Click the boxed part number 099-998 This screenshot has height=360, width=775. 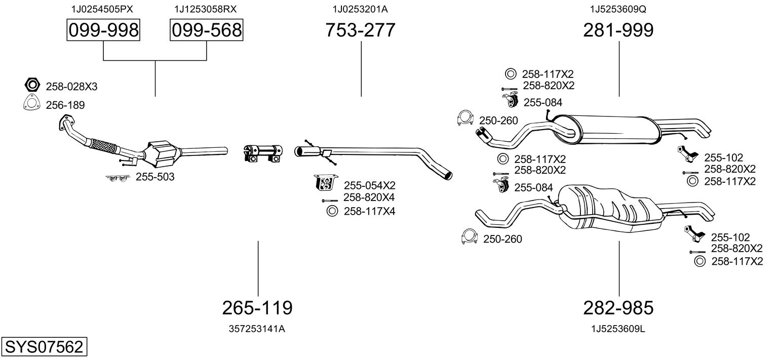pyautogui.click(x=103, y=30)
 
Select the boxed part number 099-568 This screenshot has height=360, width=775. pyautogui.click(x=207, y=30)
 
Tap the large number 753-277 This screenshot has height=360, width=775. pyautogui.click(x=360, y=30)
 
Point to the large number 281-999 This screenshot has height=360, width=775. pyautogui.click(x=618, y=30)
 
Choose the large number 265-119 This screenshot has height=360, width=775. pyautogui.click(x=257, y=308)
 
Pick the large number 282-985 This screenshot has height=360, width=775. pyautogui.click(x=618, y=308)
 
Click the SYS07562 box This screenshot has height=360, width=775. pyautogui.click(x=44, y=346)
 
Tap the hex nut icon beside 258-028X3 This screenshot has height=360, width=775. pyautogui.click(x=32, y=85)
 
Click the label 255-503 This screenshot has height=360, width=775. pyautogui.click(x=155, y=177)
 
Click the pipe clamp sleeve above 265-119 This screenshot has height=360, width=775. pyautogui.click(x=263, y=153)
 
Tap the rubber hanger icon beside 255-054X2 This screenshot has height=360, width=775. pyautogui.click(x=326, y=183)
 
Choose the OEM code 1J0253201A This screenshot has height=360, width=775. pyautogui.click(x=360, y=9)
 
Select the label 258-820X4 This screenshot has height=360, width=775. pyautogui.click(x=369, y=197)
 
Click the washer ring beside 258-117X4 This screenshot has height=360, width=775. pyautogui.click(x=332, y=211)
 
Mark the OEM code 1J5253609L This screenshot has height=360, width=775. pyautogui.click(x=618, y=329)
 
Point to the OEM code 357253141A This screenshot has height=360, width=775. pyautogui.click(x=257, y=329)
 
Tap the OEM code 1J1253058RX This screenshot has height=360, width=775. pyautogui.click(x=206, y=9)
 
